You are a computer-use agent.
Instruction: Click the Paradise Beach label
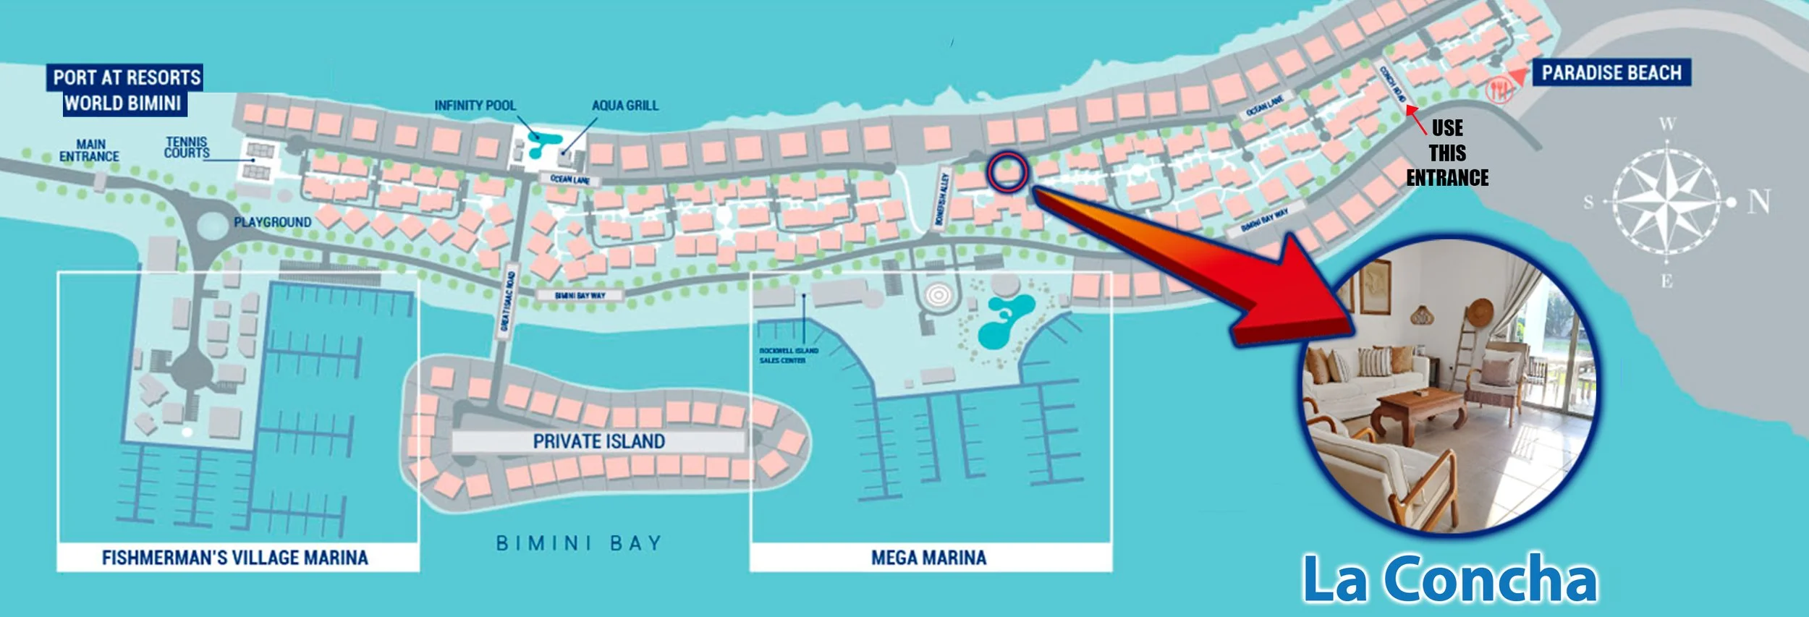pyautogui.click(x=1611, y=73)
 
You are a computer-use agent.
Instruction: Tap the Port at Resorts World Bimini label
pyautogui.click(x=125, y=90)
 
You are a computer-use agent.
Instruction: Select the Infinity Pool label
pyautogui.click(x=475, y=106)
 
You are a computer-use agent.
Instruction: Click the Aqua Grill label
pyautogui.click(x=624, y=106)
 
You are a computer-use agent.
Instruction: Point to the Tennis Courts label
pyautogui.click(x=187, y=148)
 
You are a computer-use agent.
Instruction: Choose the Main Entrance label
pyautogui.click(x=89, y=150)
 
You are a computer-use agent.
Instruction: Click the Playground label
pyautogui.click(x=272, y=222)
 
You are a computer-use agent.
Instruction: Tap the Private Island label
pyautogui.click(x=598, y=441)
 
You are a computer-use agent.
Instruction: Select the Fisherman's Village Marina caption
pyautogui.click(x=235, y=558)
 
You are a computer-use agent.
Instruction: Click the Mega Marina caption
pyautogui.click(x=928, y=558)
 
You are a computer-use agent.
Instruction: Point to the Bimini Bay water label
pyautogui.click(x=579, y=543)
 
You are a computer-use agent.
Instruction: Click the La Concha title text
pyautogui.click(x=1449, y=579)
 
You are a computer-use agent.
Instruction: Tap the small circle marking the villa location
pyautogui.click(x=1008, y=172)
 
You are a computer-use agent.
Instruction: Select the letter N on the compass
pyautogui.click(x=1759, y=202)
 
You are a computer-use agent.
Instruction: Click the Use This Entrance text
pyautogui.click(x=1447, y=153)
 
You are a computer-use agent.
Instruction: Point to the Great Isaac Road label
pyautogui.click(x=509, y=301)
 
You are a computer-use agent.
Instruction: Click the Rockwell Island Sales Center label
pyautogui.click(x=787, y=355)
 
